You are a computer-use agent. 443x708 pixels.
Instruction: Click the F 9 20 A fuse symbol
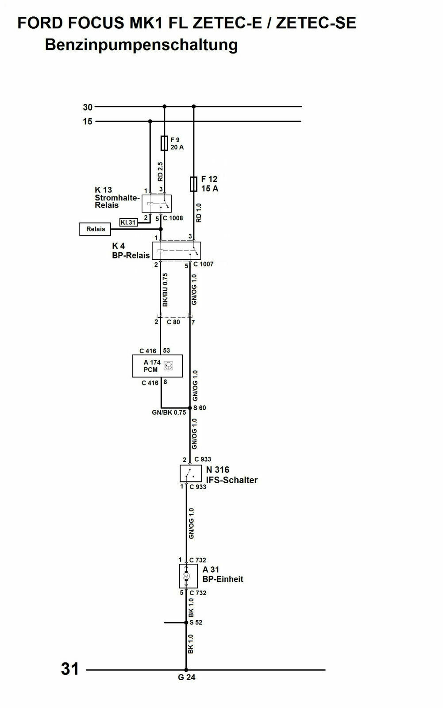(x=164, y=143)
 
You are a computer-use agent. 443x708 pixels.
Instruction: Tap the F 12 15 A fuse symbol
(x=193, y=184)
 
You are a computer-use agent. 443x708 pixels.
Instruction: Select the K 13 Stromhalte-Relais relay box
(x=156, y=204)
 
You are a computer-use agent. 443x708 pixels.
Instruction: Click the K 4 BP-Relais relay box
(x=176, y=251)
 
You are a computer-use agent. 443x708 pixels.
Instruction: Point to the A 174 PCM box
(x=157, y=366)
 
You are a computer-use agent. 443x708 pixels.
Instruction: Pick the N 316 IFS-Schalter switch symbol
(x=191, y=473)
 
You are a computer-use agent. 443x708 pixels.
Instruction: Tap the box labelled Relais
(x=96, y=229)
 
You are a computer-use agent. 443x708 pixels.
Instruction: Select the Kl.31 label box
(x=128, y=223)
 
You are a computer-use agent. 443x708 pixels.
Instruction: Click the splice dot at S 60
(x=190, y=408)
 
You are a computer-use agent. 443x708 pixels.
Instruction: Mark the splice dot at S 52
(x=186, y=622)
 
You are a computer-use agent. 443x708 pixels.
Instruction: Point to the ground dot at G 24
(x=186, y=670)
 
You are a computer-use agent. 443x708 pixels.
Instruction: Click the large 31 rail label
(x=70, y=669)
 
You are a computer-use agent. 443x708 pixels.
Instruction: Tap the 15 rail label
(x=88, y=121)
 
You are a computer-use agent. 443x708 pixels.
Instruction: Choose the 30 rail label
(x=88, y=107)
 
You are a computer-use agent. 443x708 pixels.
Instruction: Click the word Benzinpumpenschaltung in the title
(x=141, y=45)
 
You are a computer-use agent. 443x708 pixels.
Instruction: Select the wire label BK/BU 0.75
(x=165, y=290)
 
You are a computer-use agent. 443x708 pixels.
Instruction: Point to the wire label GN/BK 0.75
(x=169, y=412)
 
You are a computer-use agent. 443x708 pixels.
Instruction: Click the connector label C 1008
(x=173, y=218)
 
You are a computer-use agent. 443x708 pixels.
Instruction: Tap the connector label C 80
(x=173, y=322)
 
